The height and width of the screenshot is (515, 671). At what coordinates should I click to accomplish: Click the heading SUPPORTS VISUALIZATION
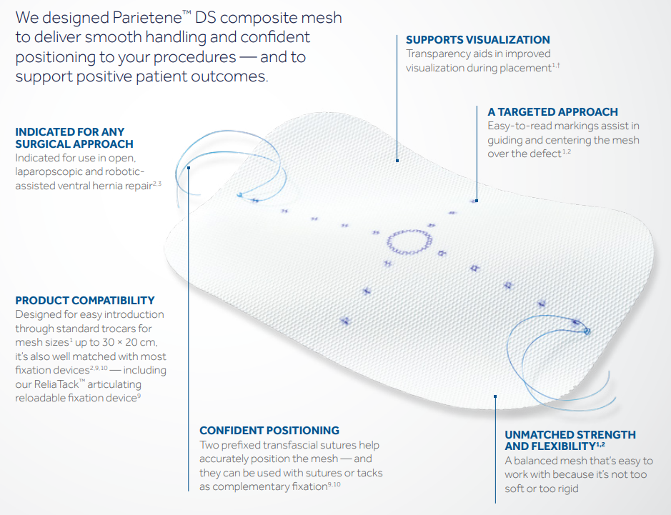pos(477,40)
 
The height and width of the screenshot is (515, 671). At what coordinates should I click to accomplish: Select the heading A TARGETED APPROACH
pos(552,112)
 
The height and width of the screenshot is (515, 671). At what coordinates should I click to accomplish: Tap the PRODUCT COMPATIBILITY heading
pos(84,301)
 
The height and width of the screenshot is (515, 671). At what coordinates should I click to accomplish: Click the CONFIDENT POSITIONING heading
pos(269,431)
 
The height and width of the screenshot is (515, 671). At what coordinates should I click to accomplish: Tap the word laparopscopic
pos(54,172)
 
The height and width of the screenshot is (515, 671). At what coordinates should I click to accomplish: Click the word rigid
pos(564,489)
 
